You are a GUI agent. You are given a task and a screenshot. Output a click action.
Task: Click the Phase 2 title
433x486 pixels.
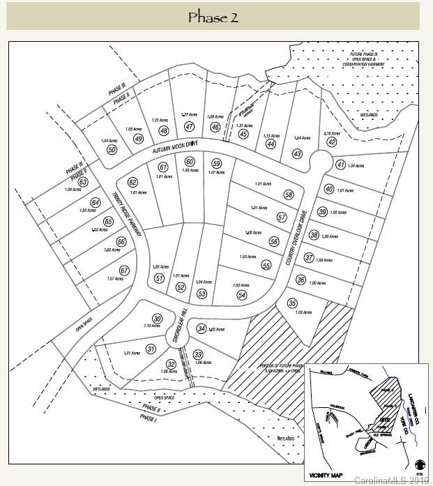[x=213, y=17]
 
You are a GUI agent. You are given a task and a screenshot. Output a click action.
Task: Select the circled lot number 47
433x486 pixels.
[x=189, y=126]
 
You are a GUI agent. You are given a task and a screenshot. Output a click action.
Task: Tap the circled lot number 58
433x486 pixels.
[x=288, y=195]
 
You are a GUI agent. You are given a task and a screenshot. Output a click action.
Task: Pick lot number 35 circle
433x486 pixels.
[x=292, y=302]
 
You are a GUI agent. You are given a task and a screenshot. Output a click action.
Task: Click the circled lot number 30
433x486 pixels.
[x=158, y=319]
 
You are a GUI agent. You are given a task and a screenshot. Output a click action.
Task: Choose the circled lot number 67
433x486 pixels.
[x=124, y=271]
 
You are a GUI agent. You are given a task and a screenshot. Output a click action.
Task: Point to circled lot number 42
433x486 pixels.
[x=332, y=142]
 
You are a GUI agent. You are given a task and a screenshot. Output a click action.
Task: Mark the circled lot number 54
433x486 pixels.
[x=242, y=295]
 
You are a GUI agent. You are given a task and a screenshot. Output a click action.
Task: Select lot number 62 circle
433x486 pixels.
[x=132, y=182]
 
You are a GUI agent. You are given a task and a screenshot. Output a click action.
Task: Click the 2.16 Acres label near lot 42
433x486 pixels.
[x=331, y=133]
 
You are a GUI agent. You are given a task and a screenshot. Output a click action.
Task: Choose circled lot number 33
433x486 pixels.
[x=198, y=354]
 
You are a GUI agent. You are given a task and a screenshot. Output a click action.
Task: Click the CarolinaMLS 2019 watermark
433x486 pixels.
[x=392, y=480]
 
